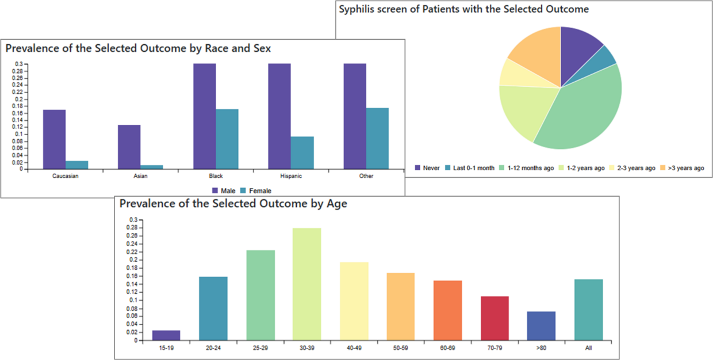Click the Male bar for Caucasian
(54, 139)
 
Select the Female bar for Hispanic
(302, 153)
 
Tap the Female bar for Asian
(152, 167)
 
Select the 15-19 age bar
(166, 335)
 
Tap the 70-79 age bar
(494, 318)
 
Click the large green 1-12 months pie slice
(581, 115)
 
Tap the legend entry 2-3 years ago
(636, 168)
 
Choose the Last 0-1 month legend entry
(472, 168)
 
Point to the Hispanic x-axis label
(290, 176)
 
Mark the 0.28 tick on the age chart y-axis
(133, 228)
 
